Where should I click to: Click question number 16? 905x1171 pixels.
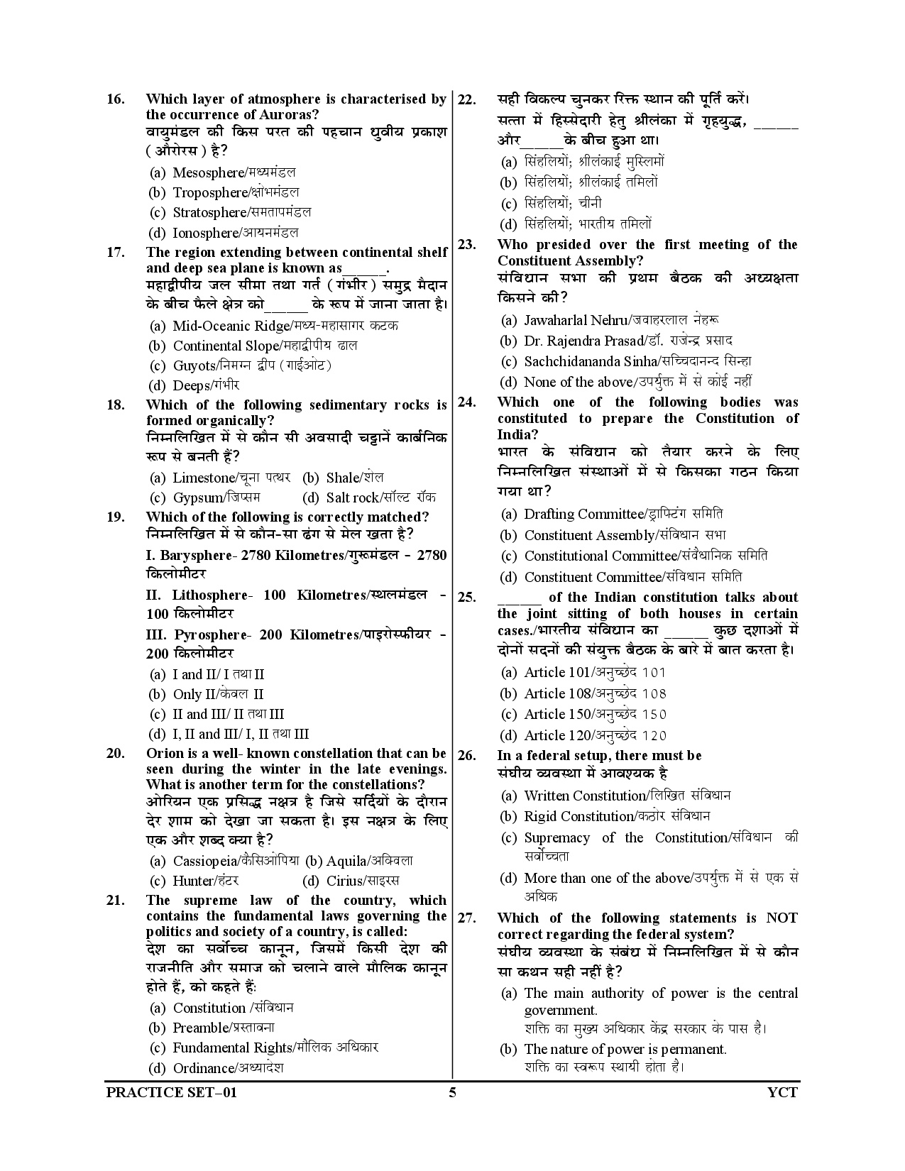(115, 99)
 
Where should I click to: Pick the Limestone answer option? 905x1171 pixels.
(203, 478)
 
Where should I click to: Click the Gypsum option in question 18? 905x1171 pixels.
(197, 497)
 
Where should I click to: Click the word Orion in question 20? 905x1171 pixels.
(165, 754)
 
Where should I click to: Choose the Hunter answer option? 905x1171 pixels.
(193, 881)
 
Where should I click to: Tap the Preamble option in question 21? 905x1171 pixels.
(199, 1028)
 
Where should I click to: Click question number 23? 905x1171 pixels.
(466, 245)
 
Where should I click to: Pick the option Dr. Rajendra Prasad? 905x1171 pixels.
(583, 341)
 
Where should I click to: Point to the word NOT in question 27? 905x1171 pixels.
(782, 918)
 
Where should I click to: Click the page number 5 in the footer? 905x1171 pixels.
(452, 1092)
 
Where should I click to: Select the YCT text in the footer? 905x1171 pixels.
(783, 1092)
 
